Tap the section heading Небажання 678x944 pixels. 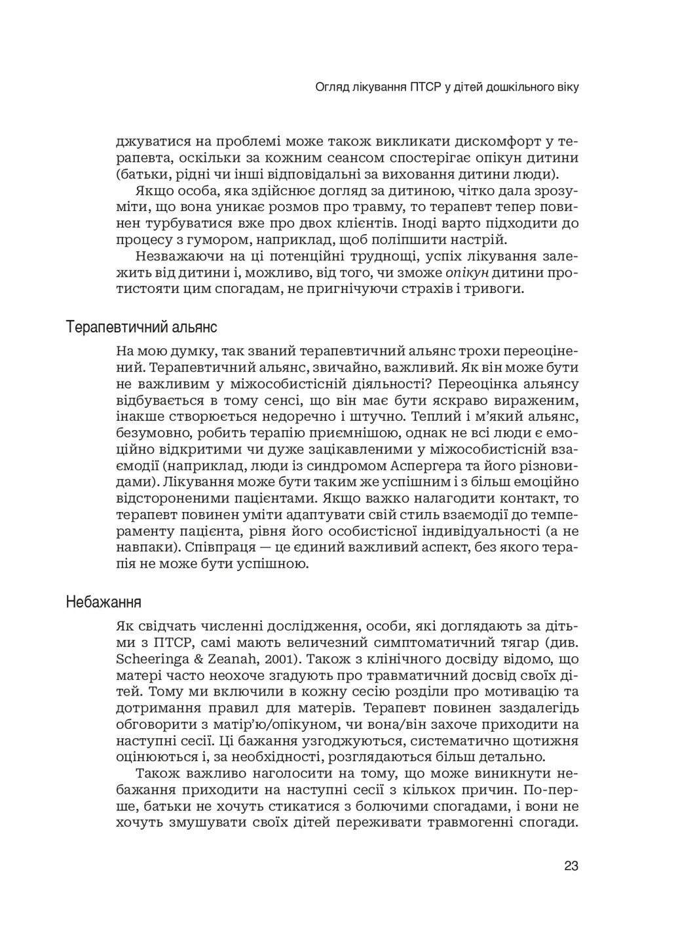pyautogui.click(x=104, y=601)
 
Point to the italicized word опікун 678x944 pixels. pyautogui.click(x=466, y=272)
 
